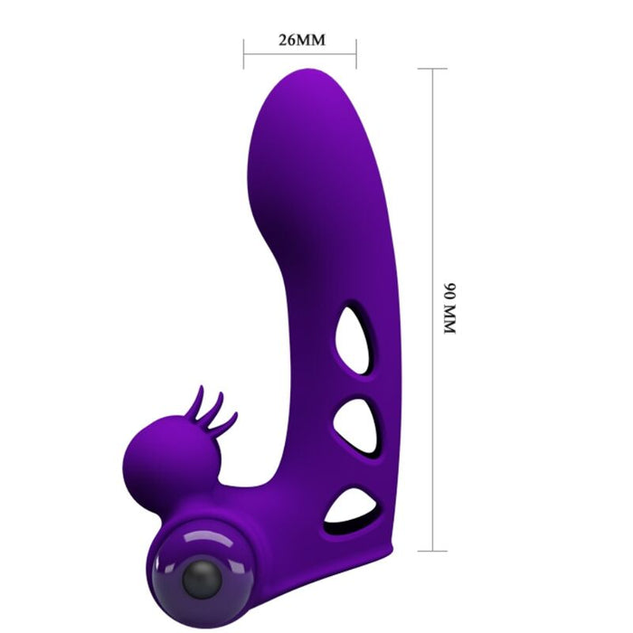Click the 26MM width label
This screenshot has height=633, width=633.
pyautogui.click(x=300, y=41)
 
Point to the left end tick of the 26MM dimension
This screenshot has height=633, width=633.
pyautogui.click(x=244, y=53)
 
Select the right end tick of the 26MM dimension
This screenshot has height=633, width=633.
pyautogui.click(x=356, y=53)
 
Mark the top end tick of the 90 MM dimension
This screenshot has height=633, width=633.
pyautogui.click(x=432, y=69)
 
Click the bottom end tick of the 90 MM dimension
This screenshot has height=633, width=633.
pyautogui.click(x=432, y=551)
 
